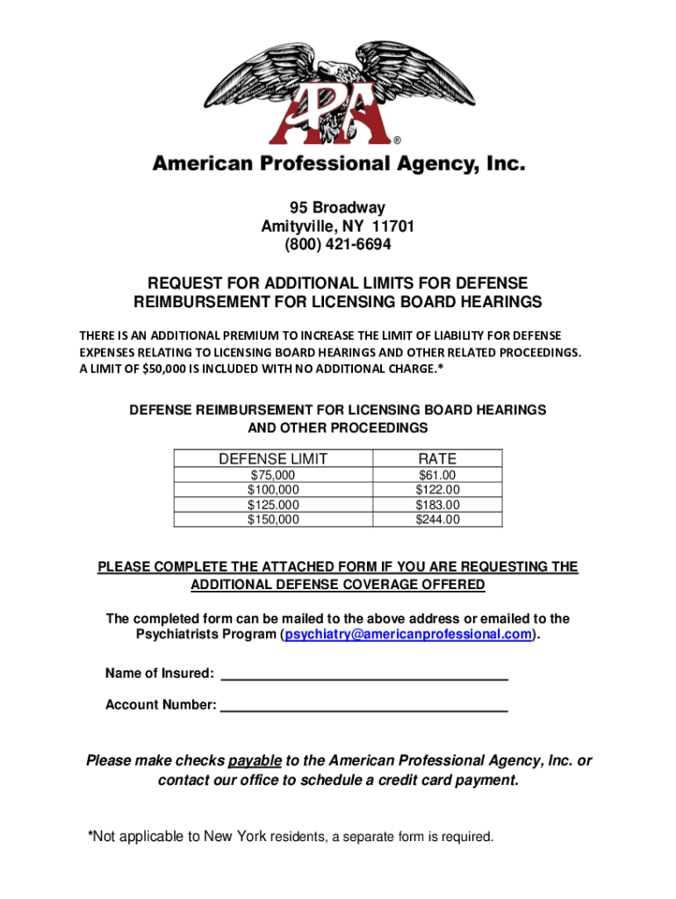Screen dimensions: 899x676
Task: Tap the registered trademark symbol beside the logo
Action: (x=397, y=140)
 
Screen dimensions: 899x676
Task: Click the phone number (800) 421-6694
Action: (x=337, y=244)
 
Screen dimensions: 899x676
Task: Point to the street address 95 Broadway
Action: (x=337, y=208)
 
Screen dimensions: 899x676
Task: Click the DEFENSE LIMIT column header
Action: (x=273, y=458)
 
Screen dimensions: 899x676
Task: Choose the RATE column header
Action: (x=437, y=458)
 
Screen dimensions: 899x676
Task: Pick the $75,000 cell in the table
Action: (x=273, y=476)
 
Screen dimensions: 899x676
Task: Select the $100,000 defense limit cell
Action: (x=273, y=490)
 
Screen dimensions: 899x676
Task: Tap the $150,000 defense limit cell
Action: (x=273, y=520)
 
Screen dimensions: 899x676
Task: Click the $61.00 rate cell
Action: (x=437, y=476)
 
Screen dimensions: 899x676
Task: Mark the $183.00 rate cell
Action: (x=437, y=505)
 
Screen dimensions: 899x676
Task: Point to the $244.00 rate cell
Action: (x=437, y=520)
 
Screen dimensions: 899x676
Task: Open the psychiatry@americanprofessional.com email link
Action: (x=408, y=635)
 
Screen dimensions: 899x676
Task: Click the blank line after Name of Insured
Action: (x=364, y=674)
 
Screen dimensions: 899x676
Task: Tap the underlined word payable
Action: (x=255, y=760)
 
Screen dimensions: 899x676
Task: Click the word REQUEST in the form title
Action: (x=181, y=284)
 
